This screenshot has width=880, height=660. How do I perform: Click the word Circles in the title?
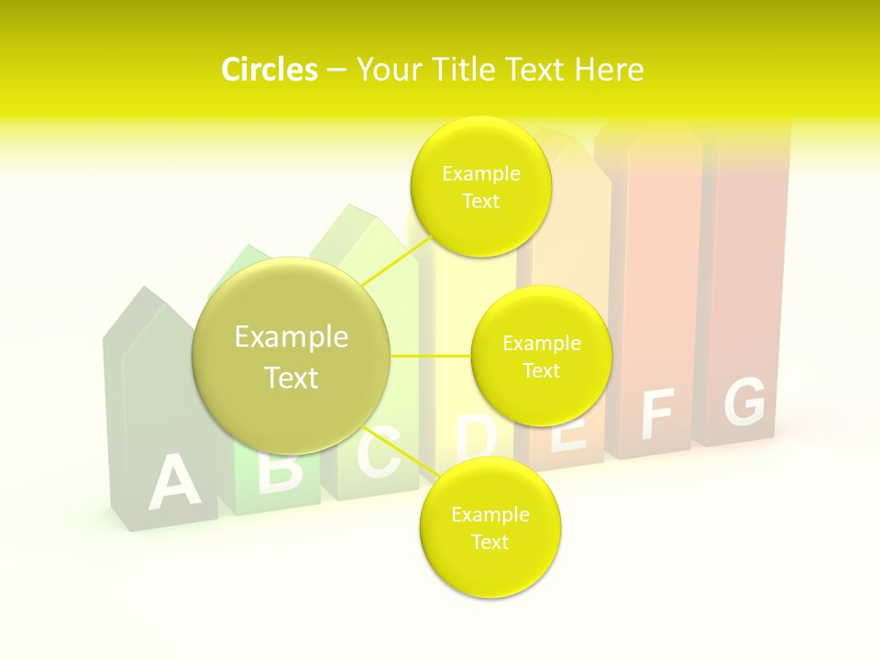click(x=269, y=70)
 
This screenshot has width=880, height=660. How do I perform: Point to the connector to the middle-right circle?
click(x=430, y=356)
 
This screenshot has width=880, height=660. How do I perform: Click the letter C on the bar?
click(x=378, y=453)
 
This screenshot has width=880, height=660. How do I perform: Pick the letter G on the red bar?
click(x=744, y=401)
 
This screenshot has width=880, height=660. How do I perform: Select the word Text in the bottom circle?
click(x=489, y=543)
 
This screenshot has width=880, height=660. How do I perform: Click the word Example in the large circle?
click(x=291, y=337)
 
